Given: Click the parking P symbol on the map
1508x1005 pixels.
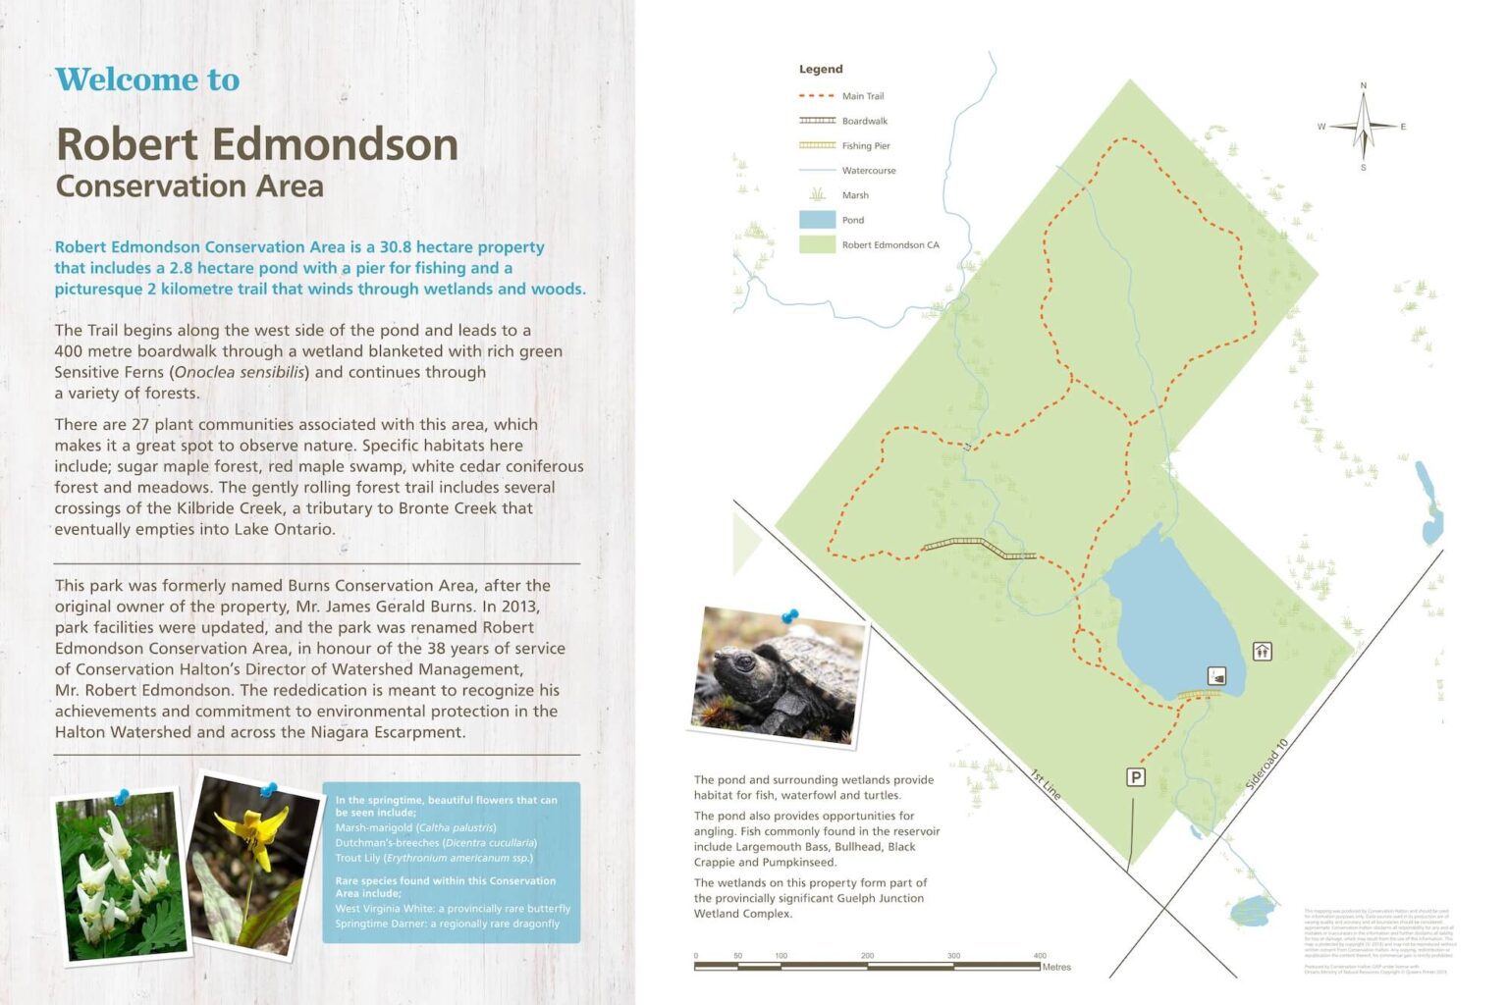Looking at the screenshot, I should click(1135, 777).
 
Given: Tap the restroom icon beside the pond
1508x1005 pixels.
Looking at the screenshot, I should click(1262, 651).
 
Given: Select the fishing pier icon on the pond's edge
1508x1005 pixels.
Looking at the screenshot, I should click(1217, 676).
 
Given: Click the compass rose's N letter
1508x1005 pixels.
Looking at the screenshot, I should click(1363, 86).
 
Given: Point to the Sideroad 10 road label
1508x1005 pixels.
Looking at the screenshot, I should click(1266, 765).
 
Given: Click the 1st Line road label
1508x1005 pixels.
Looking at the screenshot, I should click(1046, 784).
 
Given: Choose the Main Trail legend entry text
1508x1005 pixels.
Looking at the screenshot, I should click(863, 96).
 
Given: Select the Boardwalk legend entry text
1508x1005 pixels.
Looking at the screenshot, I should click(864, 122).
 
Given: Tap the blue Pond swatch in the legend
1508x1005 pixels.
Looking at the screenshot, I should click(817, 220).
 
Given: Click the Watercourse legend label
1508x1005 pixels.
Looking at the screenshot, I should click(869, 171).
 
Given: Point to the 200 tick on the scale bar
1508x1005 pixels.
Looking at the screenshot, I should click(867, 956).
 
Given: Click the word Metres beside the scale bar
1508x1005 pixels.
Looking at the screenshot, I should click(1056, 968).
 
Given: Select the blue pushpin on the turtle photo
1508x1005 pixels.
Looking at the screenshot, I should click(789, 616).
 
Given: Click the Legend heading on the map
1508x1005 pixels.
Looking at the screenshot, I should click(821, 70).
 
